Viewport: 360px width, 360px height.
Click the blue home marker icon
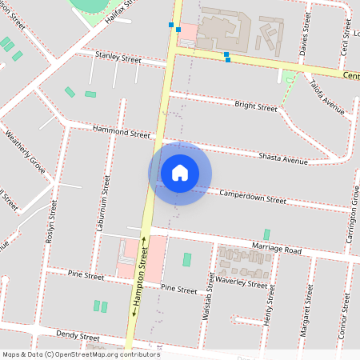[180, 173]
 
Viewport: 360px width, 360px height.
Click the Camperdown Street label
[252, 197]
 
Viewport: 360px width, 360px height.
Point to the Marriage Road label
[275, 250]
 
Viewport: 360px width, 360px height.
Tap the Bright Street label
[256, 106]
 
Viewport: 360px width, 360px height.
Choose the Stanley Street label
[118, 58]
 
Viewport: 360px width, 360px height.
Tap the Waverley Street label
[242, 283]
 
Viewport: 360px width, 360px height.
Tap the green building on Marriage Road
[266, 234]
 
